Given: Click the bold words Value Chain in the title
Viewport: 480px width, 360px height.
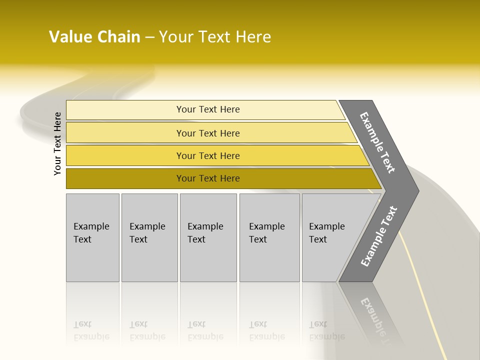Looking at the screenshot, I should (94, 37).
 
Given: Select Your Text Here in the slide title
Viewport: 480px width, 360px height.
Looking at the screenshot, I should (215, 37).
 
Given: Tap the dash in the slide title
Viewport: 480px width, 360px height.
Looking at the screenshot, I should (149, 37).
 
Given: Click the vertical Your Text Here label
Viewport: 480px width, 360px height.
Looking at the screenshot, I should (58, 143).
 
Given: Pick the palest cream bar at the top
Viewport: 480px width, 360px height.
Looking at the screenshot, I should (205, 109).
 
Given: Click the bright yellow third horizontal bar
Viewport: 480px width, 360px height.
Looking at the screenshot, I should (215, 155).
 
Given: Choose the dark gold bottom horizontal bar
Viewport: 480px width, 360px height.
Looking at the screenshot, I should (220, 178).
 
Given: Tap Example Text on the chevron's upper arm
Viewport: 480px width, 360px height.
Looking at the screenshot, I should (377, 142).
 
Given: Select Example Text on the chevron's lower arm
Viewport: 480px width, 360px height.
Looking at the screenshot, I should (378, 236).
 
